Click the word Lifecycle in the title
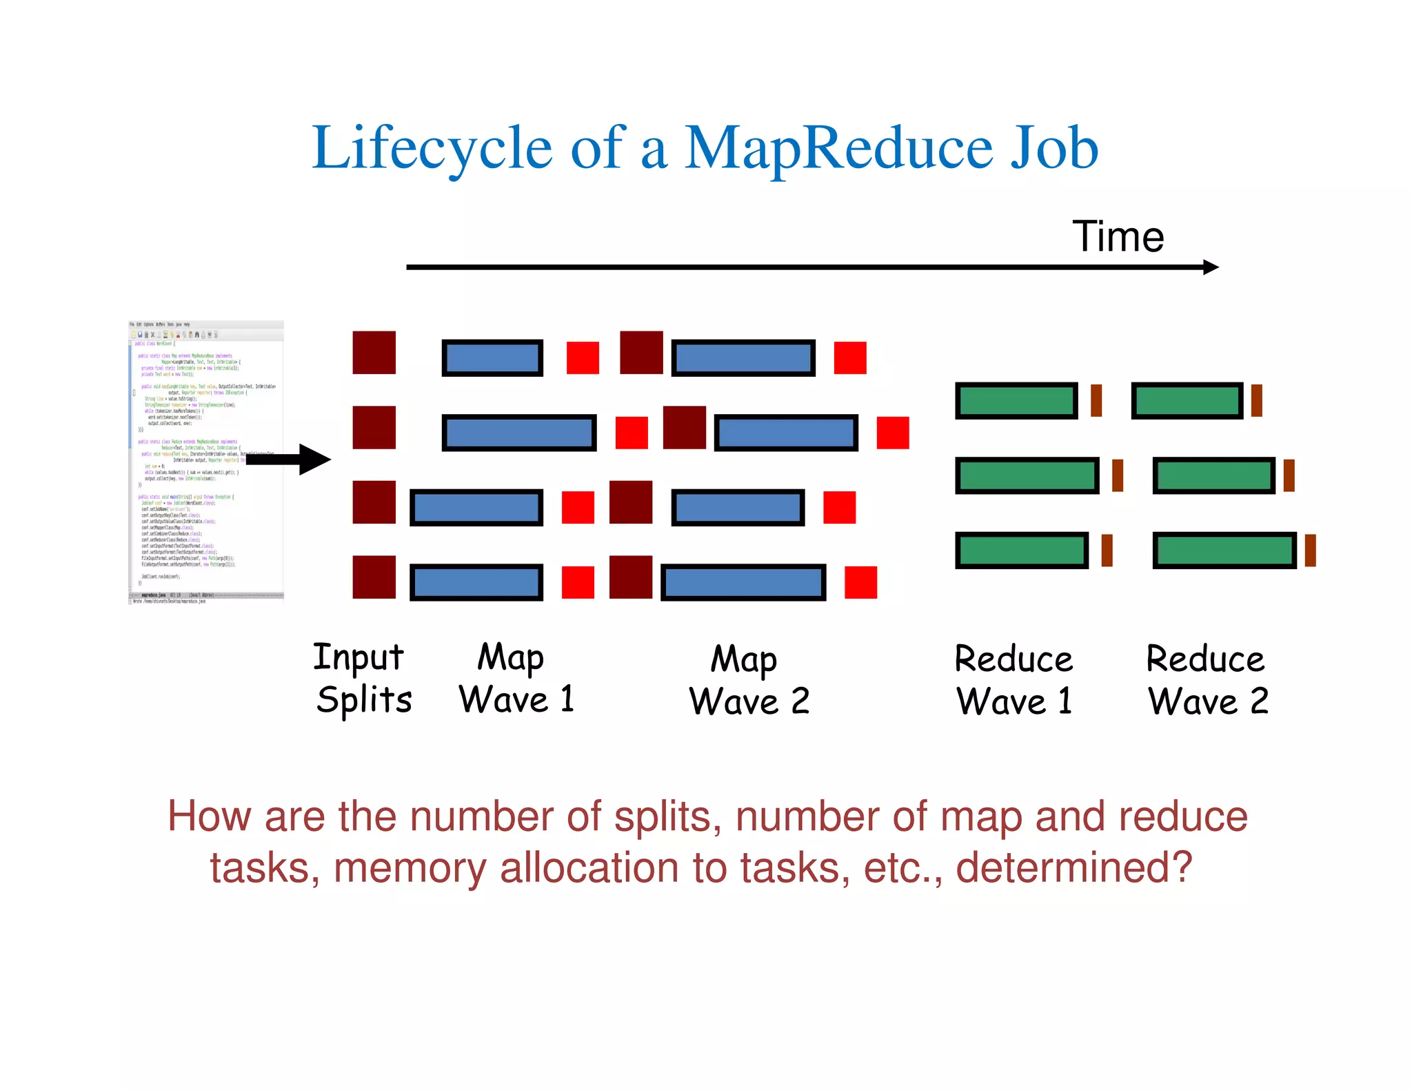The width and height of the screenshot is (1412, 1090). tap(432, 148)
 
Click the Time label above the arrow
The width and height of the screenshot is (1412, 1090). tap(1118, 237)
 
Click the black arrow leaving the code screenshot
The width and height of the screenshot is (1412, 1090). tap(290, 460)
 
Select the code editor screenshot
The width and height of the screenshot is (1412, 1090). tap(206, 462)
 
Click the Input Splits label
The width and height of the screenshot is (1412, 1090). tap(362, 679)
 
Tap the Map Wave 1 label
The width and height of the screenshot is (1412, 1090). tap(516, 679)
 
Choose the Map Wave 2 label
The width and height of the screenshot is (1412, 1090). tap(749, 681)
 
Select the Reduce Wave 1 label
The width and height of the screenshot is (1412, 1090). tap(1013, 681)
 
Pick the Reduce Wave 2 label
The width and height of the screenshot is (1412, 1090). tap(1207, 681)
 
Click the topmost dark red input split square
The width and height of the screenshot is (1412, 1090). tap(374, 353)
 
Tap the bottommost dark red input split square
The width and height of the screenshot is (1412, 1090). tap(374, 577)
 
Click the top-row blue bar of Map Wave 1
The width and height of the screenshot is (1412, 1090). tap(492, 358)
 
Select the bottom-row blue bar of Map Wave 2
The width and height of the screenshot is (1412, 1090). tap(743, 583)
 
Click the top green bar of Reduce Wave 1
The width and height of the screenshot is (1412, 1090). tap(1016, 401)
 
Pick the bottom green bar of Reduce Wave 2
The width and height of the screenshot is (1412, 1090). tap(1224, 551)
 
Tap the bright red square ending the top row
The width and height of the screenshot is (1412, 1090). tap(850, 358)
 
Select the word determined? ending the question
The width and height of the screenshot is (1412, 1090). tap(1073, 868)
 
